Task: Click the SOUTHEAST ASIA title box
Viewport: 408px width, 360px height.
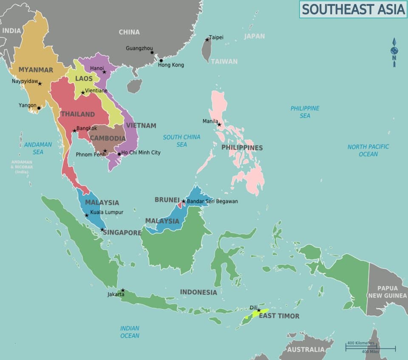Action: coord(353,9)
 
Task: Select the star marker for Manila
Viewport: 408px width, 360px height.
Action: coord(219,124)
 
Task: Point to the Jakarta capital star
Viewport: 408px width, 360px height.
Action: coord(123,290)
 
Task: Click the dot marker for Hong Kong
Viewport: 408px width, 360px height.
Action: coord(161,60)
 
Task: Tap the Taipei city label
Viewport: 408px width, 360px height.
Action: coord(216,37)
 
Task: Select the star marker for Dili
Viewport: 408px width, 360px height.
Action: coord(258,310)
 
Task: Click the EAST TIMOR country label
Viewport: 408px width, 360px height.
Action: coord(279,316)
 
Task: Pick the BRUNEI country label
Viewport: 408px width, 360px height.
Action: coord(167,200)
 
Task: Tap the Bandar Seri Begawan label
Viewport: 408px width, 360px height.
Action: coord(212,201)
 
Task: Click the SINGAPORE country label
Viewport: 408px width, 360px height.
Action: coord(122,233)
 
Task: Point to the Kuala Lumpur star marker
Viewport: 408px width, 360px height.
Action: coord(86,215)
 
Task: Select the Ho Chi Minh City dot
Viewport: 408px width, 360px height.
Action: coord(119,155)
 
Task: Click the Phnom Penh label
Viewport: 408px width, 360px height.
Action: coord(90,154)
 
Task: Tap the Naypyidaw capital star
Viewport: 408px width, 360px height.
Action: coord(40,84)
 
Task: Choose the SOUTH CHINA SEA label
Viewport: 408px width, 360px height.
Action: coord(181,141)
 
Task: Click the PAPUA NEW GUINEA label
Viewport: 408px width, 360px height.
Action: coord(387,292)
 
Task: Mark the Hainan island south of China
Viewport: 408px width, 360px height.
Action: coord(134,86)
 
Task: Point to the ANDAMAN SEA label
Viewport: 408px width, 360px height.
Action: coord(38,148)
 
